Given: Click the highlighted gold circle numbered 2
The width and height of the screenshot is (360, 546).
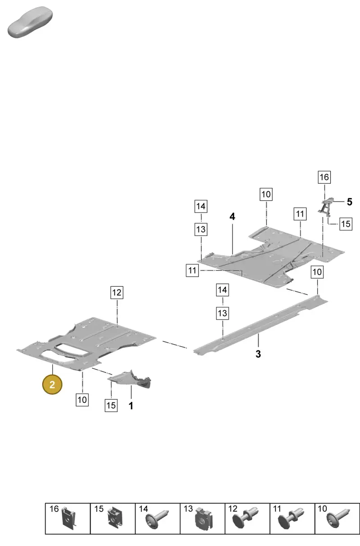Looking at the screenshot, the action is click(52, 384).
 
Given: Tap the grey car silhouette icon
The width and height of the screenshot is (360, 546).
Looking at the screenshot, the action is click(30, 22).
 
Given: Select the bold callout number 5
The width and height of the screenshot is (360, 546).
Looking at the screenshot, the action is click(350, 202).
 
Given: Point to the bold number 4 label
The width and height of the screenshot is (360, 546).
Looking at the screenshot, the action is click(232, 217).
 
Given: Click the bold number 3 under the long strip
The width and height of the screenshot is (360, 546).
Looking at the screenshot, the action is click(258, 354).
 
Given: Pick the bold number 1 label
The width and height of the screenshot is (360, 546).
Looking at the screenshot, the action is click(131, 406).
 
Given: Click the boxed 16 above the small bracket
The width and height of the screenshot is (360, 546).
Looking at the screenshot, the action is click(324, 177).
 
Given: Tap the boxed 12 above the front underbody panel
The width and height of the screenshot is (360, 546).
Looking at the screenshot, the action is click(117, 292).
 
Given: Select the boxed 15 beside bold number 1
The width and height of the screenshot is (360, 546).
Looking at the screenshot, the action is click(111, 406).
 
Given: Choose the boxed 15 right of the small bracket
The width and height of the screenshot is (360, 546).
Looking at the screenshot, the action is click(346, 224).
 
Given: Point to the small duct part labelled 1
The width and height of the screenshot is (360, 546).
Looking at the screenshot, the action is click(130, 379).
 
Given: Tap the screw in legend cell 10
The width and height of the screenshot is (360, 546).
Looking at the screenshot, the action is click(338, 519).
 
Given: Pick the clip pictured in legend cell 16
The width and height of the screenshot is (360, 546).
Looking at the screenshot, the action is click(69, 518).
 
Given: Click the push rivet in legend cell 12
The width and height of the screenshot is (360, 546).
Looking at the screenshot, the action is click(245, 518).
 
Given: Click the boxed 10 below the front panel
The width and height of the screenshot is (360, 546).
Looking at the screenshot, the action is click(82, 400).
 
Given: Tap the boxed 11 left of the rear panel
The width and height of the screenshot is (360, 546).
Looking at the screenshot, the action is click(192, 271).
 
